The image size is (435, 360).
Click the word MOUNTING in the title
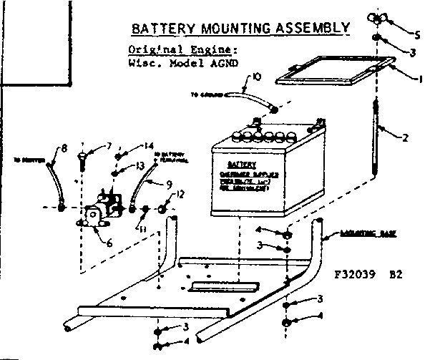(x=228, y=29)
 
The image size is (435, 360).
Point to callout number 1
(x=421, y=77)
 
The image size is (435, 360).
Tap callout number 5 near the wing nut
(x=419, y=32)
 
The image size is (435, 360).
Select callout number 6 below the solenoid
(x=109, y=243)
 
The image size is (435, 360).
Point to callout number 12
(x=180, y=193)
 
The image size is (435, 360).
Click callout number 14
(x=149, y=146)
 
